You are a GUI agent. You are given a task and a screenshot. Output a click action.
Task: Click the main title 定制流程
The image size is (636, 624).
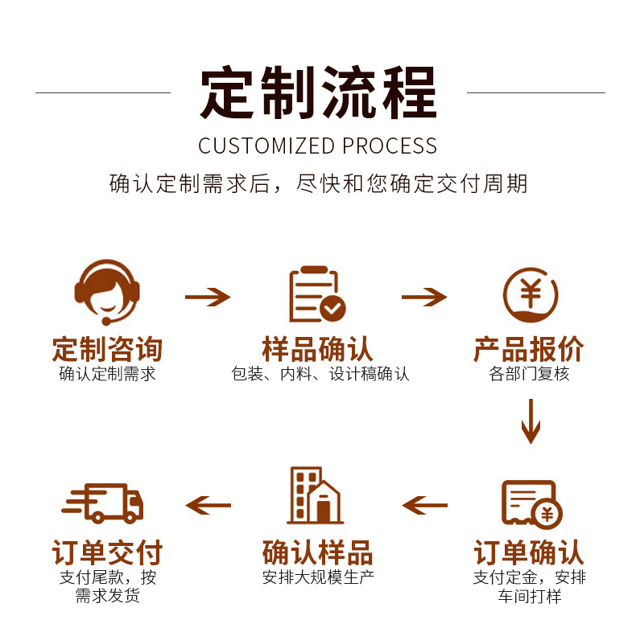318,92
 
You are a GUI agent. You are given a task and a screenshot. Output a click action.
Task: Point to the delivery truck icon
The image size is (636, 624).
102,503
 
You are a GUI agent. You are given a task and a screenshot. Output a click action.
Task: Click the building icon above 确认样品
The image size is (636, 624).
315,496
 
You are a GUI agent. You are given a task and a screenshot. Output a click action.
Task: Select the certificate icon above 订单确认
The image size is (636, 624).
531,503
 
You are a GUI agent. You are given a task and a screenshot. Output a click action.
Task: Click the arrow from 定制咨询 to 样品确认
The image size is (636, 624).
208,298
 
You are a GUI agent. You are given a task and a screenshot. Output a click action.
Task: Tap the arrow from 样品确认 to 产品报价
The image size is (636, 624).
424,298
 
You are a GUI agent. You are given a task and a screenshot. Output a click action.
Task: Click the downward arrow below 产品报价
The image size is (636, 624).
530,421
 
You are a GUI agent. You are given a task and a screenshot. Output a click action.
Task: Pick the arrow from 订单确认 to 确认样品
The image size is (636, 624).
424,505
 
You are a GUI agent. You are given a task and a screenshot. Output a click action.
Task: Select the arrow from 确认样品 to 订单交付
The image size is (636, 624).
208,505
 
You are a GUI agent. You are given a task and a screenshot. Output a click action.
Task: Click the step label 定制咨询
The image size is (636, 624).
107,349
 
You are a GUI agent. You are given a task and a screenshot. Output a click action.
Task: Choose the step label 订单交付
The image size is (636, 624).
107,553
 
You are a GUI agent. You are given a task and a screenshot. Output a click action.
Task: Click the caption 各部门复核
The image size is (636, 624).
529,374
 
